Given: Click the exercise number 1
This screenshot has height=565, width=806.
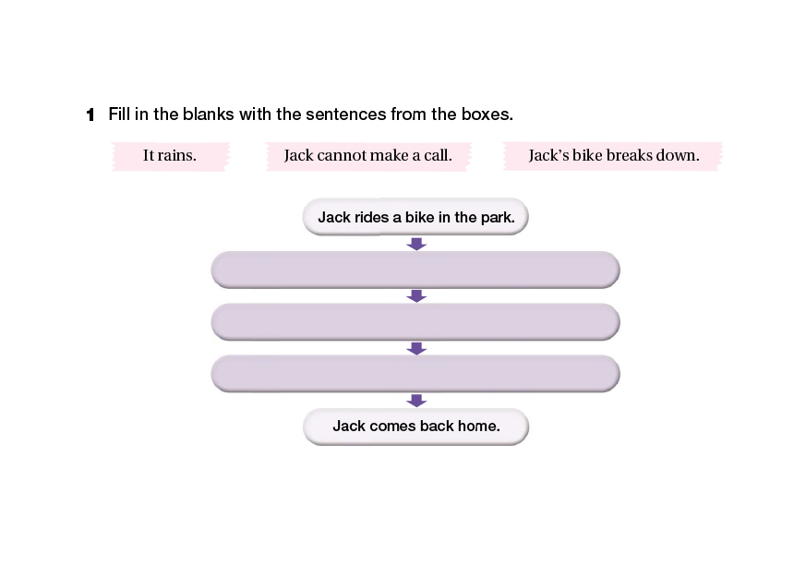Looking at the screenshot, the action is tap(90, 114).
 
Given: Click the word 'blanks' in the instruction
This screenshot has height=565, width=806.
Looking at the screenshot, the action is tap(208, 114).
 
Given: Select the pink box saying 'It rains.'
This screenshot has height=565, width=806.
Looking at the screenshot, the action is tap(170, 156).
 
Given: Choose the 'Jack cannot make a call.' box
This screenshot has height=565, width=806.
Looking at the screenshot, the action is tap(368, 156).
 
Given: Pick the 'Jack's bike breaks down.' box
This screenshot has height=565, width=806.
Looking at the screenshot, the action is tap(613, 156).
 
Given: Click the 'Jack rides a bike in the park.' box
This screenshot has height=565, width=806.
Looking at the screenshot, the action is tap(415, 217).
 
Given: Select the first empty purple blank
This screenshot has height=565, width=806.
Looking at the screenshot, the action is tap(415, 270).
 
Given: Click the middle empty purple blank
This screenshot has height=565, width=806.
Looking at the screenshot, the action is tap(415, 322).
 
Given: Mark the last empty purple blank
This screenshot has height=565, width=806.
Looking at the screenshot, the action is tap(415, 374).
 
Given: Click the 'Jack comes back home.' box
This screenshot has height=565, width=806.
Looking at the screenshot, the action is tap(415, 427).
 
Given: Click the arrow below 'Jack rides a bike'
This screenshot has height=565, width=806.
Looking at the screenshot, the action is tap(416, 244).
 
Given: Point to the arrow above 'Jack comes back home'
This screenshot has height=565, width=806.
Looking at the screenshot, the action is tap(416, 401).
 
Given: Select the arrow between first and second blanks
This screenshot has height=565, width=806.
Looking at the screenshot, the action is tap(416, 296).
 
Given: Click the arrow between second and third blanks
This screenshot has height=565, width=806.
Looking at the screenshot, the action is tap(416, 349).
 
